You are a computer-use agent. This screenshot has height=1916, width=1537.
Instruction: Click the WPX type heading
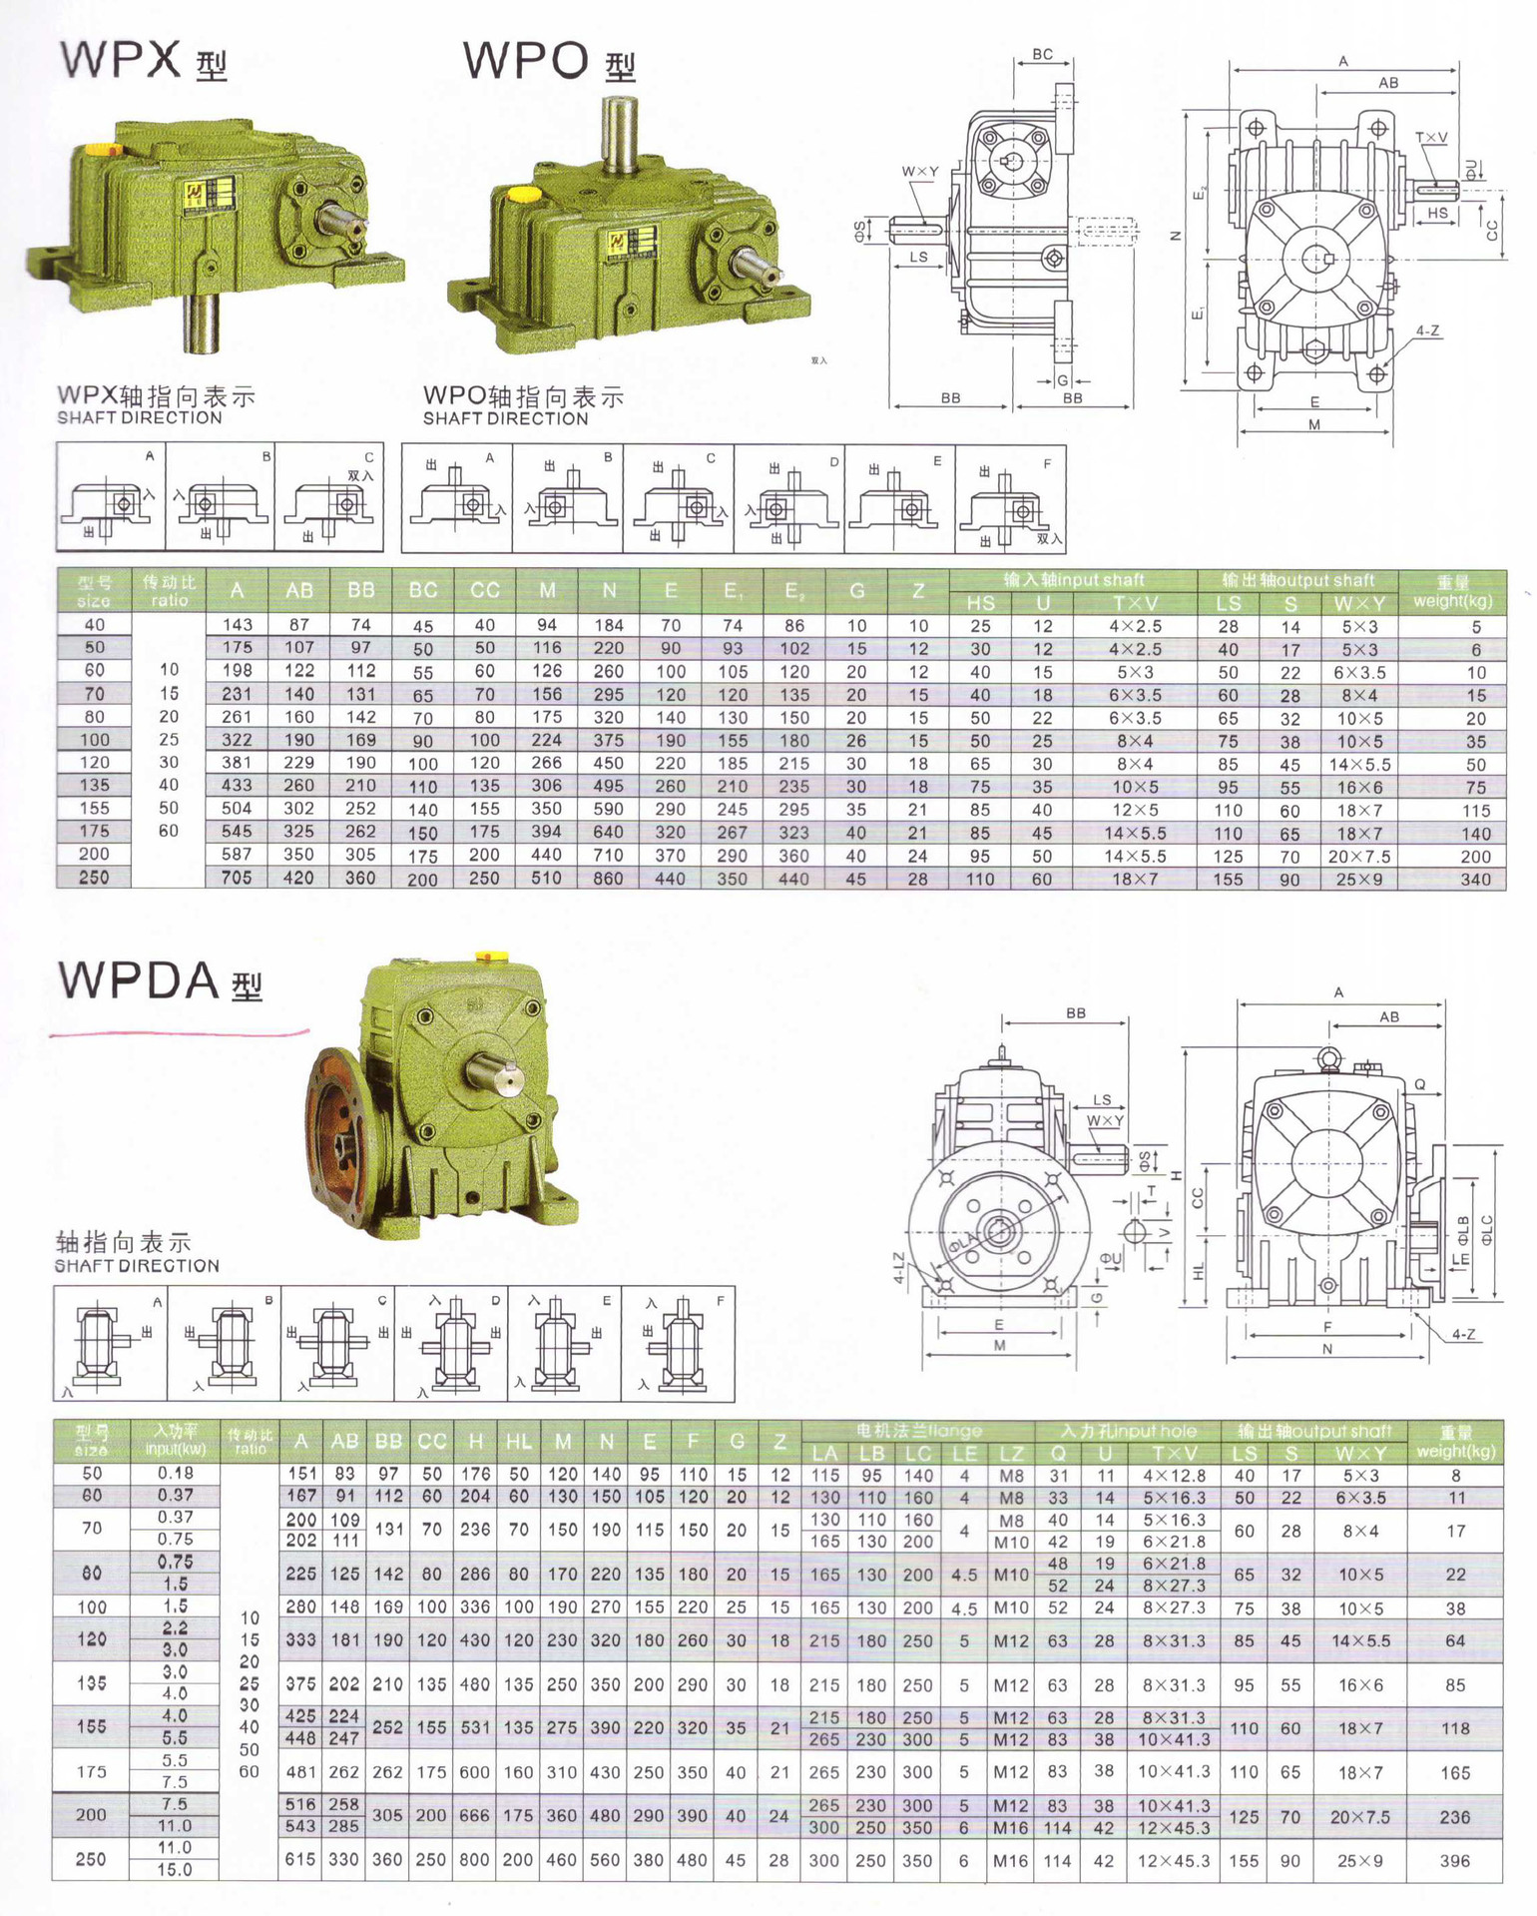tap(143, 61)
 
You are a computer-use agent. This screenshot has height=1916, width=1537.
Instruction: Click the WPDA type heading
tap(160, 981)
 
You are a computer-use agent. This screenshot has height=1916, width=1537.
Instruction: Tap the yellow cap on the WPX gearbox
tap(100, 149)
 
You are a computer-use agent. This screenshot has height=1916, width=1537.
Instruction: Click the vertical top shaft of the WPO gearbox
tap(619, 130)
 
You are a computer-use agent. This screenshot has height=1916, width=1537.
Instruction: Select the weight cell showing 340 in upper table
tap(1475, 880)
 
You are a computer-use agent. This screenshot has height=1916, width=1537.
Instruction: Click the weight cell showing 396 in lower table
tap(1454, 1861)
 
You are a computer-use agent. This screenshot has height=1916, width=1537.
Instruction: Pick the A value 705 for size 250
tap(237, 878)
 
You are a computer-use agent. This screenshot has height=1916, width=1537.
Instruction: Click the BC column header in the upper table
tap(423, 590)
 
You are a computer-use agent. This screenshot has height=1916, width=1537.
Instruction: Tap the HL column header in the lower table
tap(518, 1442)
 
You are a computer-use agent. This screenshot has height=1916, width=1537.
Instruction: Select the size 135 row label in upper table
tap(94, 786)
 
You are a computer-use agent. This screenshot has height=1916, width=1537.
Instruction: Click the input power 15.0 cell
tap(175, 1870)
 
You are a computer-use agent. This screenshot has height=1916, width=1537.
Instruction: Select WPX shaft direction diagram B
tap(220, 498)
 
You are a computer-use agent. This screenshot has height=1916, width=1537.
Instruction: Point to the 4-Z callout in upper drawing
tap(1427, 330)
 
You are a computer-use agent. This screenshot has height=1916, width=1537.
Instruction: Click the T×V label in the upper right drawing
tap(1430, 138)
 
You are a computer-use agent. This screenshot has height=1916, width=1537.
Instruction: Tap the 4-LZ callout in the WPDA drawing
tap(898, 1268)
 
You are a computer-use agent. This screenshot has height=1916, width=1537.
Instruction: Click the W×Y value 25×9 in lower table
tap(1360, 1861)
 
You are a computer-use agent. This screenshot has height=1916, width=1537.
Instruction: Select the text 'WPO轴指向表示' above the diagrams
tap(523, 397)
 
